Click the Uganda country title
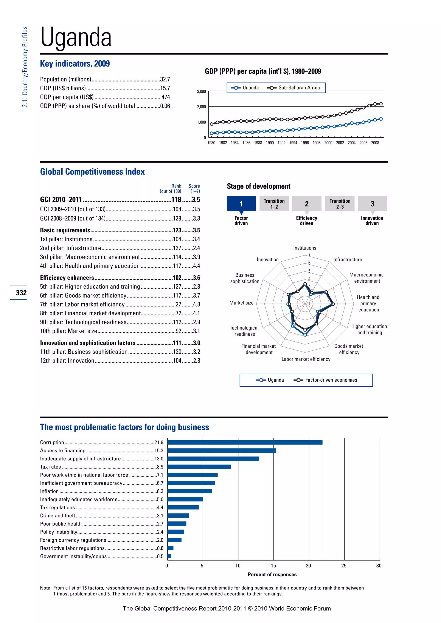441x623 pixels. coord(76,37)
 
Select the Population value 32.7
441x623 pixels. coord(165,79)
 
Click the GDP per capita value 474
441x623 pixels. coord(165,97)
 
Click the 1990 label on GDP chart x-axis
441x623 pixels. coord(270,143)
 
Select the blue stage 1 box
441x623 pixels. coord(241,204)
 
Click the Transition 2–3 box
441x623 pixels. coord(340,204)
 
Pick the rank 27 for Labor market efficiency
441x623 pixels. coord(179,304)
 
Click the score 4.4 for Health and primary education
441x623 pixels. coord(196,266)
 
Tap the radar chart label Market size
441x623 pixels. coord(241,303)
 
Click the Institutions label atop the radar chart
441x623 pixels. coord(304,248)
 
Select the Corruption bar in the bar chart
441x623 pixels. coord(245,442)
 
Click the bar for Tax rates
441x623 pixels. coord(199,467)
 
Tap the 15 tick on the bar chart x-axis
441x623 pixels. coord(273,566)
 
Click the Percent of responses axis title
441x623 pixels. coord(272,574)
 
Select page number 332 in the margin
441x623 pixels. coord(21,293)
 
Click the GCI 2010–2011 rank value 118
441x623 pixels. coord(176,199)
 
